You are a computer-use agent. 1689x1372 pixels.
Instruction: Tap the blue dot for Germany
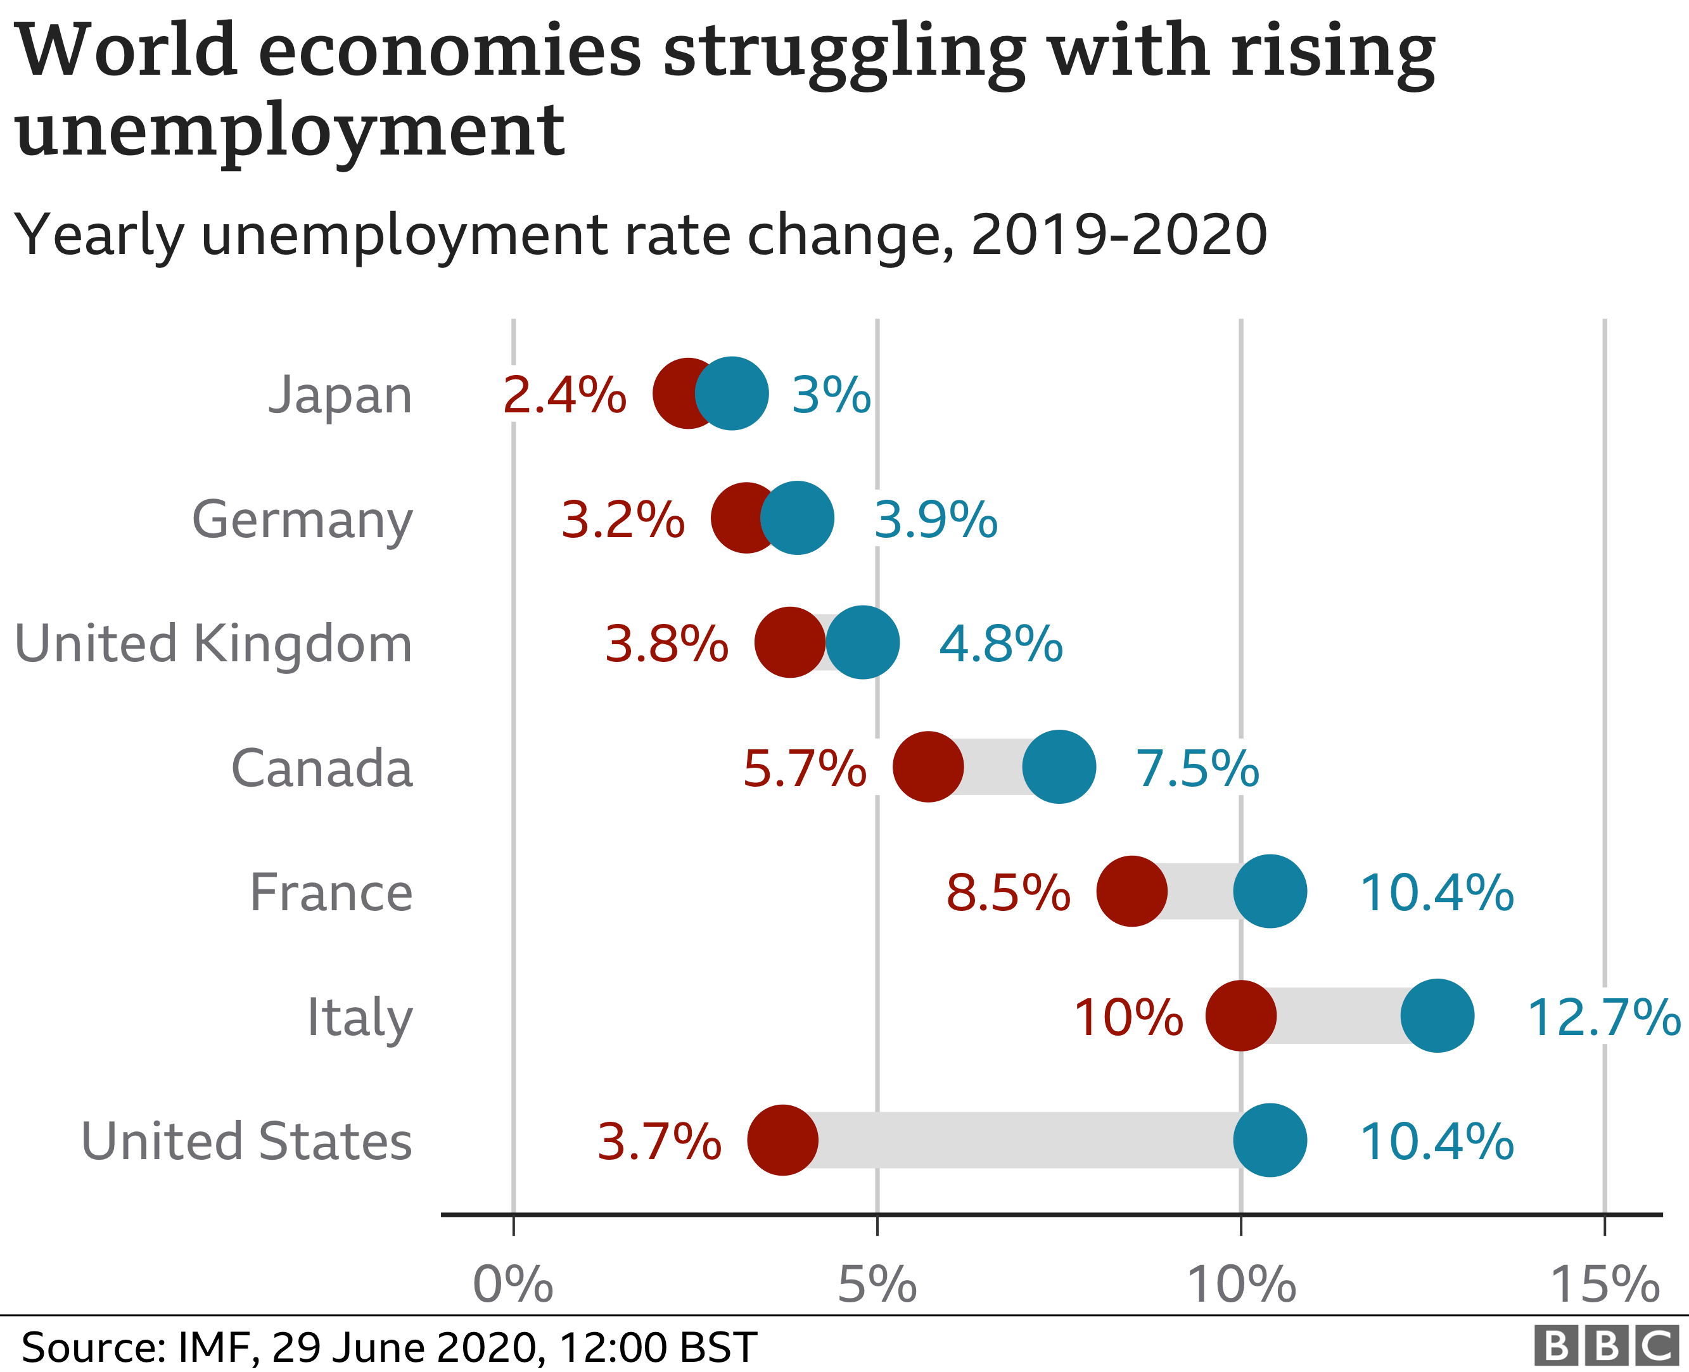798,518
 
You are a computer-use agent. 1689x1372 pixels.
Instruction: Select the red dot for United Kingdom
789,642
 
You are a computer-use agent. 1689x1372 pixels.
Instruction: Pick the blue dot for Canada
1059,766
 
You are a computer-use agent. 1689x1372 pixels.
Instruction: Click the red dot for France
1131,891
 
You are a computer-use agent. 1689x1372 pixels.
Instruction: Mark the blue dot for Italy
1437,1015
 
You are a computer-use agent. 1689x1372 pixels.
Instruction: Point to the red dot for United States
782,1140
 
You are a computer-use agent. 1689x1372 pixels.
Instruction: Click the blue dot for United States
1270,1140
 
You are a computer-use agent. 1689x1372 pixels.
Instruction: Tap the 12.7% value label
1603,1017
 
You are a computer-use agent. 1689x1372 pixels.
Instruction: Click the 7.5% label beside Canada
1197,768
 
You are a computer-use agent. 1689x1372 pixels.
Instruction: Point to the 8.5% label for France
1008,893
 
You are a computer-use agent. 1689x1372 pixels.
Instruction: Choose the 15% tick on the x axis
1605,1285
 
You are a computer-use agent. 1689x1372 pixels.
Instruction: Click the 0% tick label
513,1285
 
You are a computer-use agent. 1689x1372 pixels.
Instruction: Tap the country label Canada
322,768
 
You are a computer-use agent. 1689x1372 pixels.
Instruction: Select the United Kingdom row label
214,644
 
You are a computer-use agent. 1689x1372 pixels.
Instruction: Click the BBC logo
1606,1346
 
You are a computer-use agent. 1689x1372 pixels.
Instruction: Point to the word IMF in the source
214,1347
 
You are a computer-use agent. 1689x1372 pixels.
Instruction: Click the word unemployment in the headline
290,130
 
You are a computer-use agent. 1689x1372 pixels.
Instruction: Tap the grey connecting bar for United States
1028,1140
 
